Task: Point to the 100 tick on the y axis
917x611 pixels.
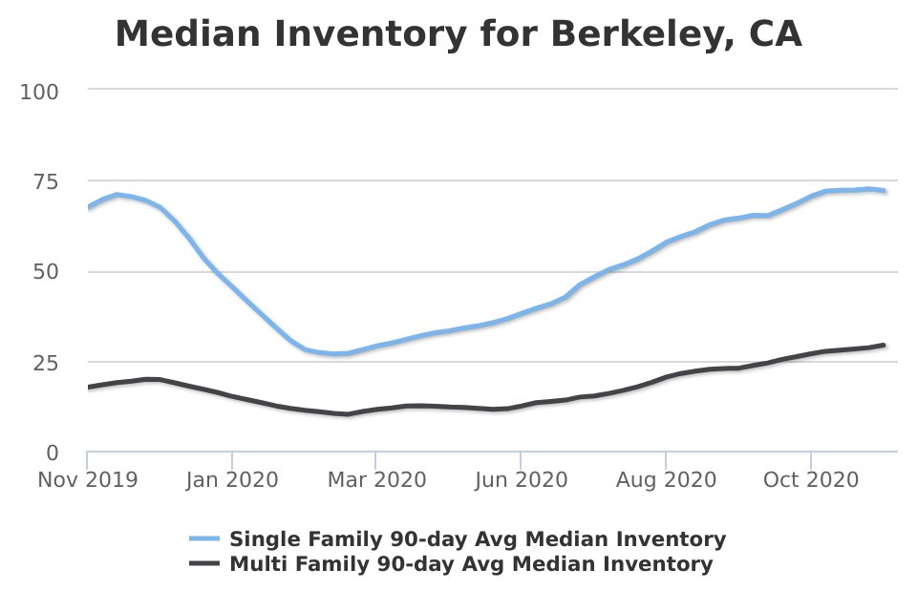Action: click(39, 92)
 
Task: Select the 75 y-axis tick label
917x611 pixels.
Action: click(45, 181)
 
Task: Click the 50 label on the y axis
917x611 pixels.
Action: click(45, 272)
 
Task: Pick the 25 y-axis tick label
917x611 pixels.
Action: click(45, 362)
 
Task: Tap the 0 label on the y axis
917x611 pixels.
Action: click(53, 452)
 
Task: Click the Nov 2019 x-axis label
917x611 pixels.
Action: click(87, 479)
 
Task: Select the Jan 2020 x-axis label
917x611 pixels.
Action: click(231, 479)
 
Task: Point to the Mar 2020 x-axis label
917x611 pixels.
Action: click(375, 479)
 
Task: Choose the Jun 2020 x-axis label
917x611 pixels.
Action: click(521, 479)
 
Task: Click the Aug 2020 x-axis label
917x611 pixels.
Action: click(665, 479)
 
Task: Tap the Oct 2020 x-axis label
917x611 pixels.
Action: click(810, 479)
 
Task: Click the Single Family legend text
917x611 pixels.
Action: click(478, 539)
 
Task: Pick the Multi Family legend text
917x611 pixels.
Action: click(471, 564)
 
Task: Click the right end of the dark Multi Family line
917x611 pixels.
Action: click(884, 345)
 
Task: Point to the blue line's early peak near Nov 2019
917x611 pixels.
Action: click(117, 195)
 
